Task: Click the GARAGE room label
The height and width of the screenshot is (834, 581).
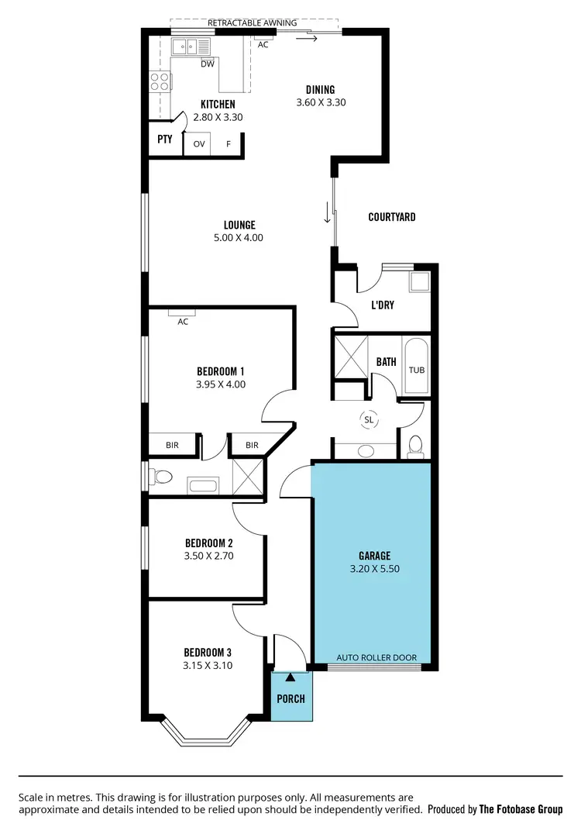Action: (x=374, y=556)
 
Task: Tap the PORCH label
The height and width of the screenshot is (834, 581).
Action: (x=291, y=698)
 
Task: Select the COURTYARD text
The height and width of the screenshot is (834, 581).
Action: (x=391, y=217)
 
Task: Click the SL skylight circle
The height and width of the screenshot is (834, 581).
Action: (x=369, y=419)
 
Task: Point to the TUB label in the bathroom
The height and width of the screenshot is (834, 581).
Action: (x=417, y=370)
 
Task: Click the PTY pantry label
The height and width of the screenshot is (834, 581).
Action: (x=164, y=140)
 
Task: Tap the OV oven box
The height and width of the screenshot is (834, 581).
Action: (x=199, y=144)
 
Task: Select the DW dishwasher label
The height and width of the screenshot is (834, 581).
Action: (x=207, y=64)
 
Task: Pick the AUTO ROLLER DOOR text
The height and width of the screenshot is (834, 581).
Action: (x=376, y=658)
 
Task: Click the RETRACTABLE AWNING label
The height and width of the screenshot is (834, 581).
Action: (x=253, y=23)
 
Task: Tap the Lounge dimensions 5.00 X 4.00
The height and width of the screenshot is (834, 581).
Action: (x=238, y=238)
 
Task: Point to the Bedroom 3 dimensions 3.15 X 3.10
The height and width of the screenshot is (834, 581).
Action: (x=208, y=665)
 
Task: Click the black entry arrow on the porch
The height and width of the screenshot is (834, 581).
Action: (x=290, y=677)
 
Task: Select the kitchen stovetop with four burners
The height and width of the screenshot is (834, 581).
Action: (x=160, y=81)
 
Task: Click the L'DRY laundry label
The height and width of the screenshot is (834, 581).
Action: (x=383, y=305)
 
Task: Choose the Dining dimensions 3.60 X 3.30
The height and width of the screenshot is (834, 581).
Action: (x=319, y=102)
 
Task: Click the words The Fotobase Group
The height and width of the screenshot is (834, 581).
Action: (x=521, y=809)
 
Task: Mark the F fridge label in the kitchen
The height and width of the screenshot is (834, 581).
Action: (x=229, y=144)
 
